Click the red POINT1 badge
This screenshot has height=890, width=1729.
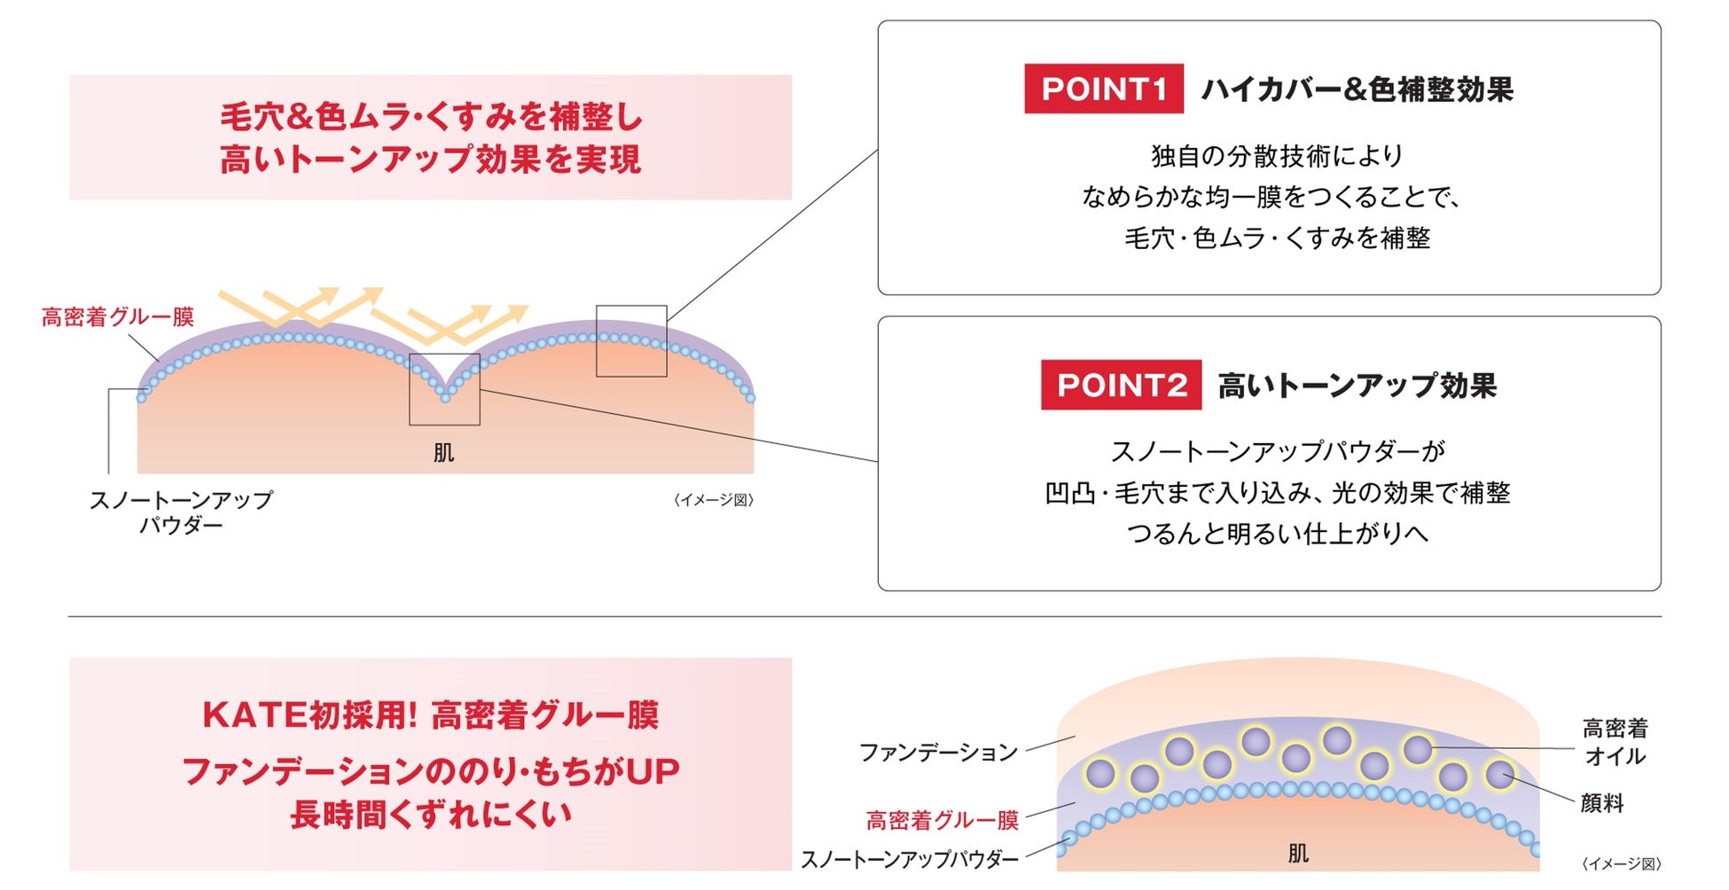(x=1103, y=89)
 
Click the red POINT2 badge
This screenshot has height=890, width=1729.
(x=1121, y=385)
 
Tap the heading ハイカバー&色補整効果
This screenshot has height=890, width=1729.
(x=1357, y=90)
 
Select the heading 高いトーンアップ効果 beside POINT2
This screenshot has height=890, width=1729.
(x=1357, y=386)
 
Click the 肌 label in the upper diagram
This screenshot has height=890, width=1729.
(x=443, y=453)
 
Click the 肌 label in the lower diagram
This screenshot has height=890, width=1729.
(x=1298, y=854)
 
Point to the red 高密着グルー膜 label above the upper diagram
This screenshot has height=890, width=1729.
(x=118, y=316)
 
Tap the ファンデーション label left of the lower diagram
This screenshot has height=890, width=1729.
(x=938, y=753)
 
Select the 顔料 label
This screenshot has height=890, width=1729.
(x=1602, y=803)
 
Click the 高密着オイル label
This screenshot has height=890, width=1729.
(x=1615, y=742)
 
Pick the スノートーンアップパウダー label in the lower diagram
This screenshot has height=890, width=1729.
(x=910, y=859)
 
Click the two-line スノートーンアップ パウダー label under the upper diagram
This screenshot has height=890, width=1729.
(x=181, y=512)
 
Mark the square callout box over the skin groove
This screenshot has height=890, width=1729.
(x=444, y=389)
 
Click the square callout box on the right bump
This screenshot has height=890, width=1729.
(x=631, y=341)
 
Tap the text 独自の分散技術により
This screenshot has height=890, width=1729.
(x=1277, y=156)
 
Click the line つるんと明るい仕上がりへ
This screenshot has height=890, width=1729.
(x=1277, y=534)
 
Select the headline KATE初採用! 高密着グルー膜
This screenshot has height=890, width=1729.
(x=431, y=715)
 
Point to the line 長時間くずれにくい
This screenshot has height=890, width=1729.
(x=431, y=815)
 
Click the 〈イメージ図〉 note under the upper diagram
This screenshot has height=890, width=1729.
(x=714, y=500)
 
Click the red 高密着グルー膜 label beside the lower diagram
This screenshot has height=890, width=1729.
(x=943, y=820)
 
